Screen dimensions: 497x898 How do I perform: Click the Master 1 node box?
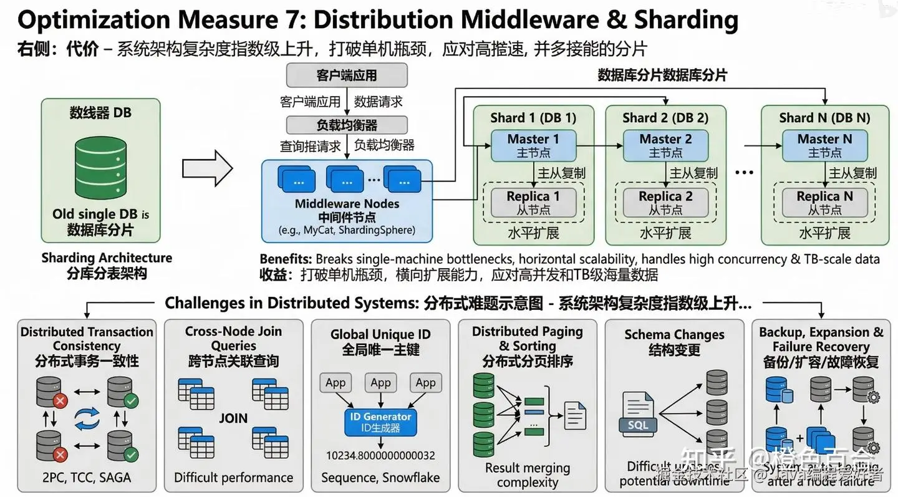click(533, 145)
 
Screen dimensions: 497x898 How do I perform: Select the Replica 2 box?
click(665, 203)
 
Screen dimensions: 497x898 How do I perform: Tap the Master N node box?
click(824, 145)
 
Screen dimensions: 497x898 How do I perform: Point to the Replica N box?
click(824, 203)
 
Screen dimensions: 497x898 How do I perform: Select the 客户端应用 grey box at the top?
click(347, 75)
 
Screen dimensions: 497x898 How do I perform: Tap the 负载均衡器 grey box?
click(347, 125)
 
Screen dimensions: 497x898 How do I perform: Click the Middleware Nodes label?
click(347, 204)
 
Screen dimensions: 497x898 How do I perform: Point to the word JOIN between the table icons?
click(233, 418)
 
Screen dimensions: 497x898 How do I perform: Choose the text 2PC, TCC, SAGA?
click(87, 478)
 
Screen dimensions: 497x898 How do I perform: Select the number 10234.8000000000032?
click(380, 456)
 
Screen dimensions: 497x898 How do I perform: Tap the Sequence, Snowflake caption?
click(380, 478)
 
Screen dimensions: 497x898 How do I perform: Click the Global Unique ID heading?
click(380, 335)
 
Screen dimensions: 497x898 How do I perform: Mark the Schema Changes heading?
click(674, 335)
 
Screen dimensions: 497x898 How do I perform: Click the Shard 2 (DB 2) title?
click(665, 117)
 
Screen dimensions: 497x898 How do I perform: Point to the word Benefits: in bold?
click(286, 259)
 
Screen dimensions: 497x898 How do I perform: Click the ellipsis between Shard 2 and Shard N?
click(744, 172)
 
